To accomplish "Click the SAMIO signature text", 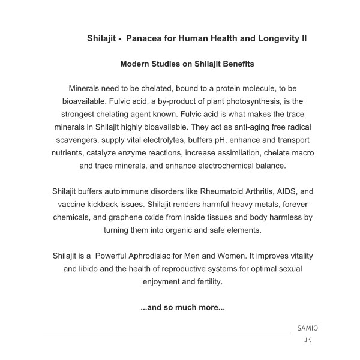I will click(x=308, y=328).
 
